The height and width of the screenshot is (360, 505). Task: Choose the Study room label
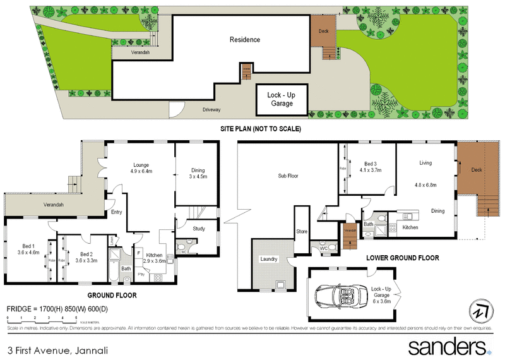point(199,229)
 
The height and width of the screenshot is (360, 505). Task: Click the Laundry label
point(269,259)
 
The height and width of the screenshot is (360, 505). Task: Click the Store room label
point(302,232)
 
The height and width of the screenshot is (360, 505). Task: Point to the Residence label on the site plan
point(244,40)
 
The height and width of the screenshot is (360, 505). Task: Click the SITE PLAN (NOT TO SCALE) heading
point(260,129)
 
